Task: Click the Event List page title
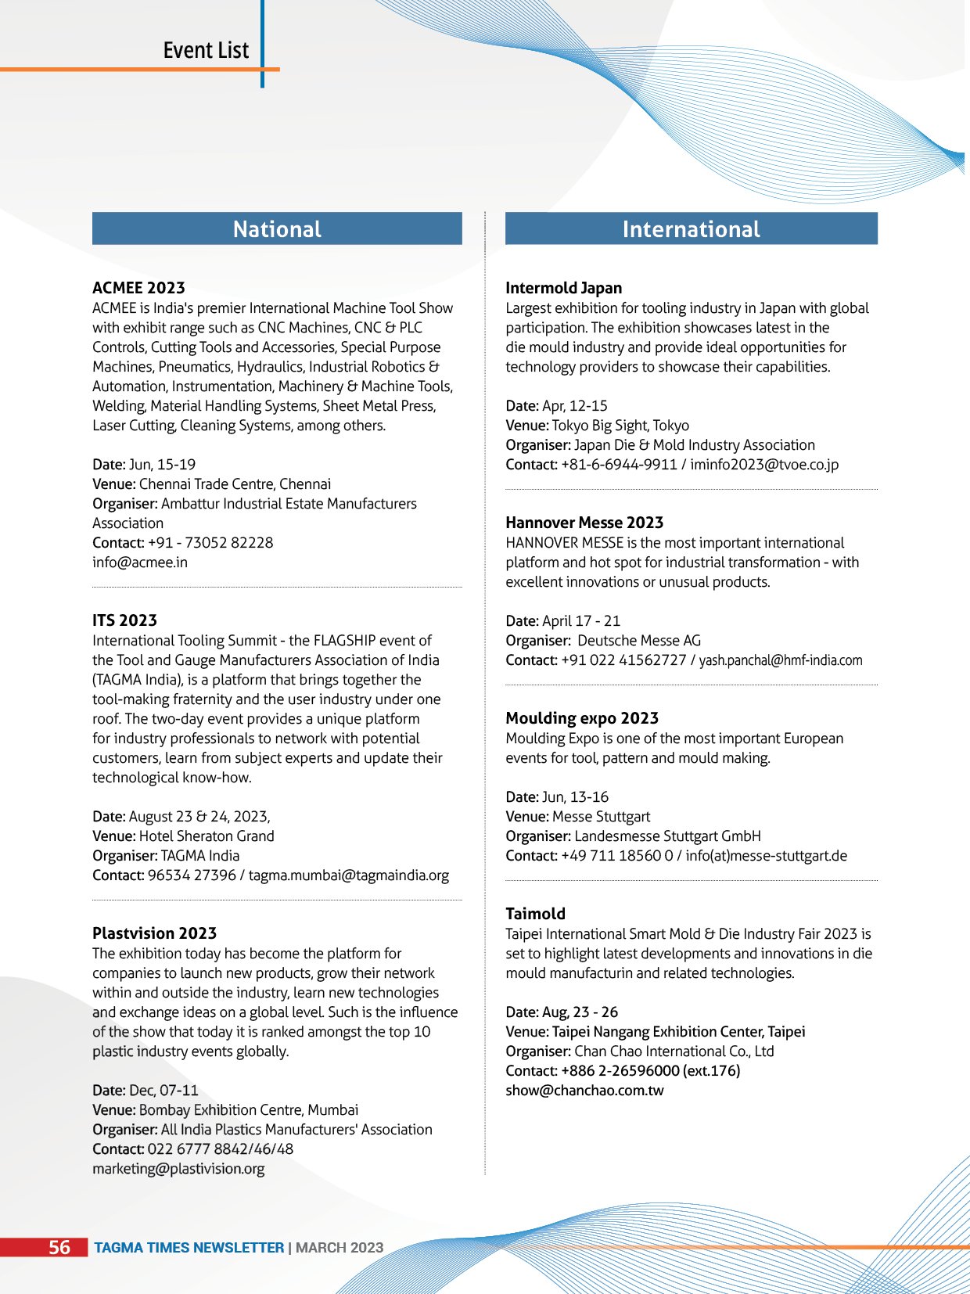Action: [x=206, y=50]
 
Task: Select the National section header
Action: [x=277, y=228]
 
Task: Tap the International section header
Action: [x=691, y=228]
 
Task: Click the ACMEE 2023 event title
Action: [x=138, y=288]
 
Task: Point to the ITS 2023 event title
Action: [x=124, y=620]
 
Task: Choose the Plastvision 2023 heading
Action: [x=154, y=933]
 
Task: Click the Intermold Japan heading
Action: [x=563, y=288]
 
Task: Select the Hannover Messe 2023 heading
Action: [x=584, y=523]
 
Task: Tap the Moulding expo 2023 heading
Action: [x=582, y=718]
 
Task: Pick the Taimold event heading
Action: [x=535, y=914]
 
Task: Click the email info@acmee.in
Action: [x=140, y=563]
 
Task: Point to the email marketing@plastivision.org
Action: [x=178, y=1169]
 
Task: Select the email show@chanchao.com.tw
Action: [x=584, y=1091]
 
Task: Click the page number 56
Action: [x=59, y=1247]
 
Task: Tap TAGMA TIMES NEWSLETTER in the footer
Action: [x=189, y=1248]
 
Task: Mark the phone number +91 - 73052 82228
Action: [x=210, y=543]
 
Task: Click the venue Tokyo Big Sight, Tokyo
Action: [x=620, y=426]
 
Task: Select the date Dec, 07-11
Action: [x=163, y=1091]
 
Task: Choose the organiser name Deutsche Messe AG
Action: [x=639, y=641]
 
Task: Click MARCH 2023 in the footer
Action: [x=339, y=1248]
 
